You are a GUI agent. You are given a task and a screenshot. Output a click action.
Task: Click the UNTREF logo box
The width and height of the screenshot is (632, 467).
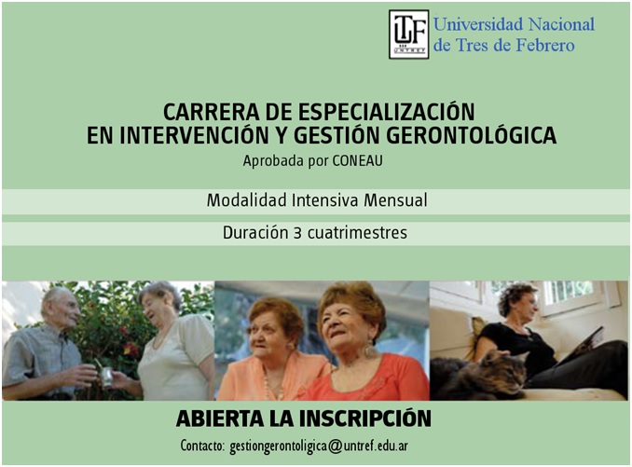408,34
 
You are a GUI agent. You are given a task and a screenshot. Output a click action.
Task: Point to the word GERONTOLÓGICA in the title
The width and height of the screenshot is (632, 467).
471,135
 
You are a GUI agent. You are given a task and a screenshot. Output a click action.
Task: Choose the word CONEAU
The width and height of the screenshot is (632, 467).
358,160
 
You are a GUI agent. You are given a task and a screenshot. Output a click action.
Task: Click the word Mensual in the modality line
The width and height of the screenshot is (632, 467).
395,200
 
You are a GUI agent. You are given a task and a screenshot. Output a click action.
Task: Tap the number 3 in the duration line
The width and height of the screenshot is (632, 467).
298,233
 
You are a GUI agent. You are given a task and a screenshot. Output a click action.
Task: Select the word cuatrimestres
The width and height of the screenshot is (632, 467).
357,233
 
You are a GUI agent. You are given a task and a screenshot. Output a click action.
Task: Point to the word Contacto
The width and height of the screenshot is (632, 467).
202,446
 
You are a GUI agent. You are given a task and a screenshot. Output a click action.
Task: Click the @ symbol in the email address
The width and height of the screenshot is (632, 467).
336,446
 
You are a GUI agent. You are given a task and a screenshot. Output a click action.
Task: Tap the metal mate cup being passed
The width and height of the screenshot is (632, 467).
107,377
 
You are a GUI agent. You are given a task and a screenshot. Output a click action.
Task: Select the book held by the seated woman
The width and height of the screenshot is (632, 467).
583,346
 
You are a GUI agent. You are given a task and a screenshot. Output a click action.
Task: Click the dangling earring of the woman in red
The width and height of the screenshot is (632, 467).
370,349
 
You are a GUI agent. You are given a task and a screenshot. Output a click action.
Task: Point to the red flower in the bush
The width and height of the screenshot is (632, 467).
131,348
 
